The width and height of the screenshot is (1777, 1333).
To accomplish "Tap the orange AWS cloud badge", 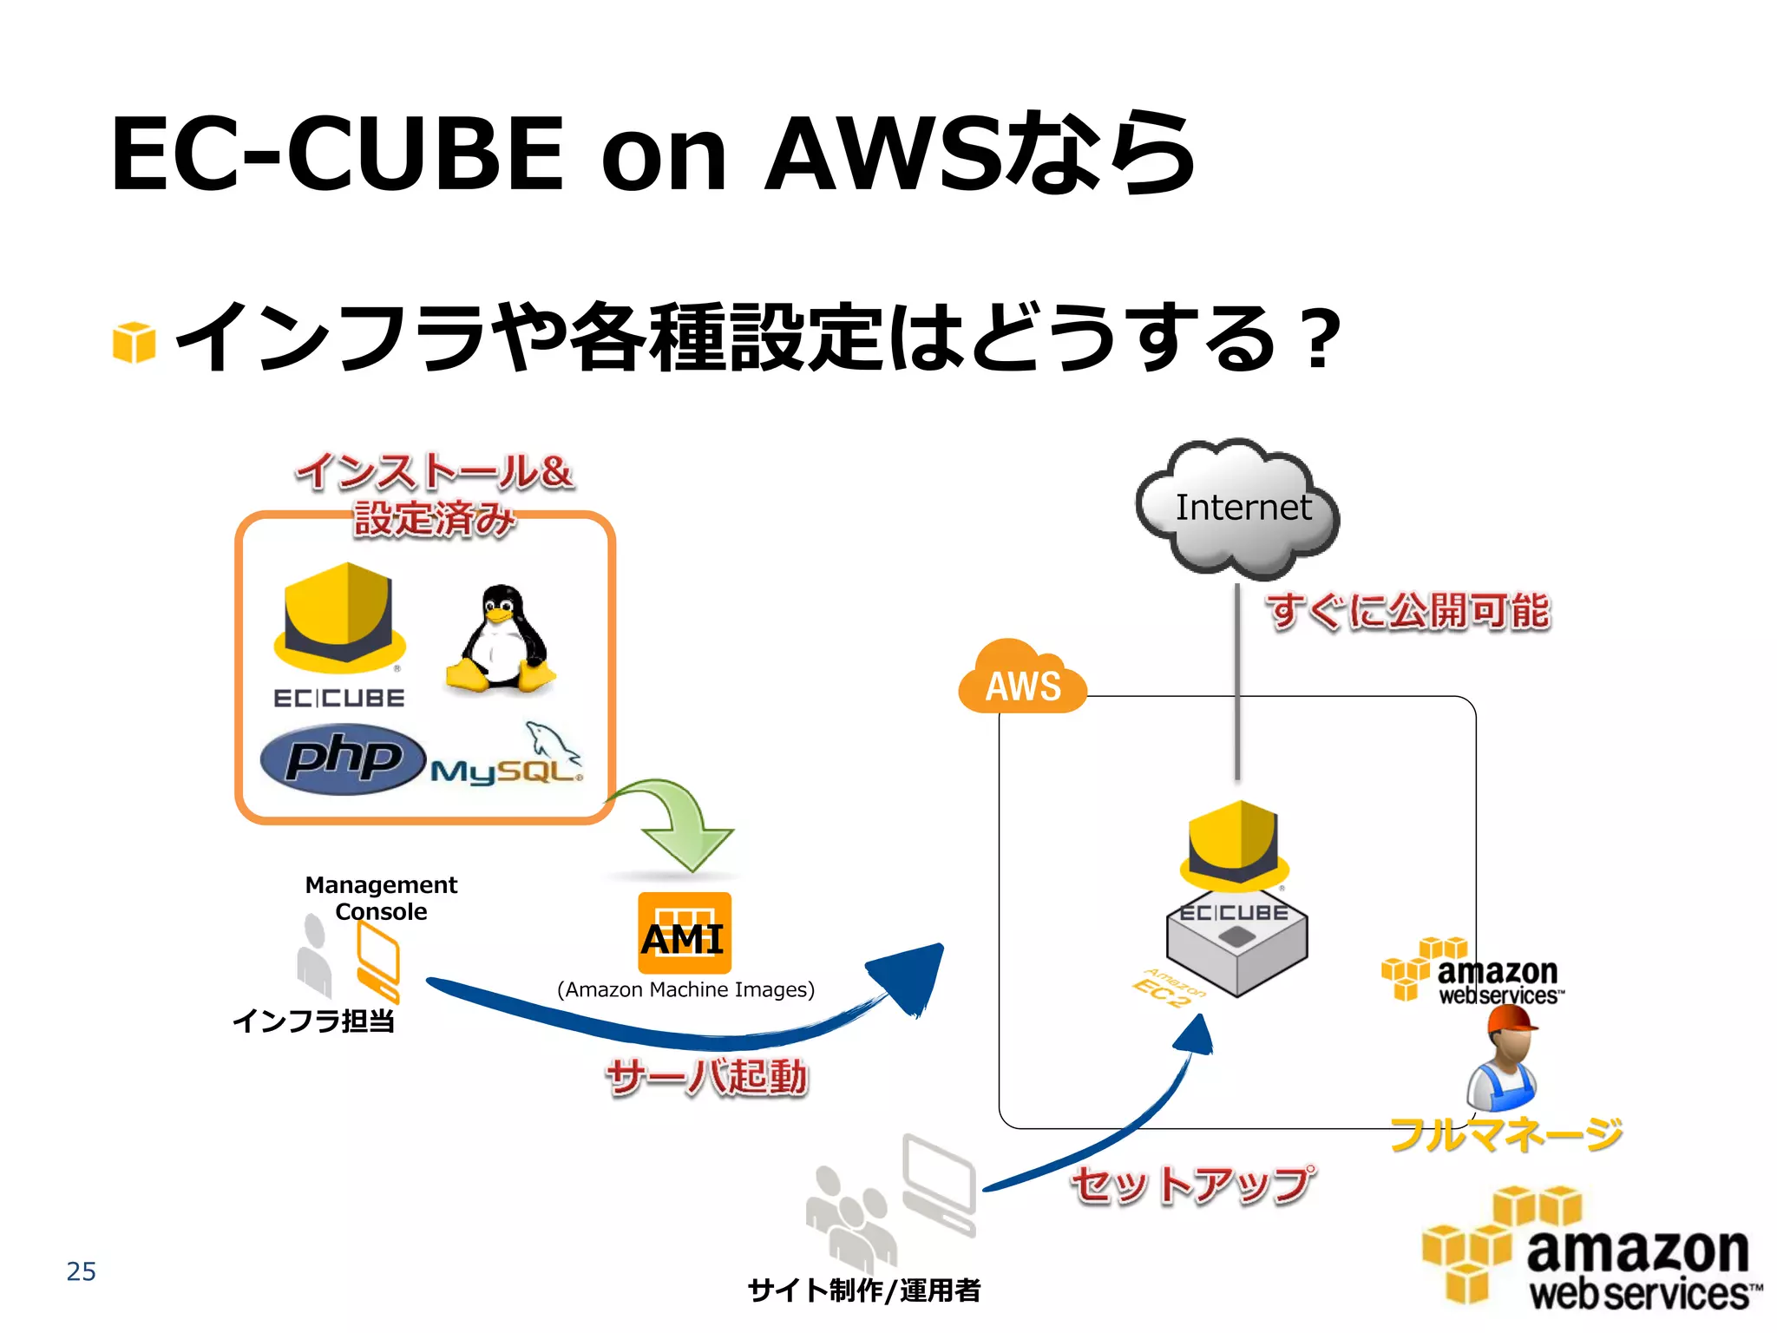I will click(1022, 681).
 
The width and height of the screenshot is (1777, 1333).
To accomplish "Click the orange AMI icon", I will click(684, 933).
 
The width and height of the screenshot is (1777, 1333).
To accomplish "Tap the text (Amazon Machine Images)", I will click(685, 989).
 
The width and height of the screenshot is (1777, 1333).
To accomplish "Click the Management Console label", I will click(381, 897).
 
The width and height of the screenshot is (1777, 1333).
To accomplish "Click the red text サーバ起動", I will click(707, 1076).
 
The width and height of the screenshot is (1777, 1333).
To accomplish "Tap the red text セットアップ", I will click(1193, 1185).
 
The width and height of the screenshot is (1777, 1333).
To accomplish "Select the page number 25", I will click(81, 1271).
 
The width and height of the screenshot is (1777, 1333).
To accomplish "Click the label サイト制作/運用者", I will click(863, 1290).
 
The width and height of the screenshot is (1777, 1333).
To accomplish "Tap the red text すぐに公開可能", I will click(1407, 610).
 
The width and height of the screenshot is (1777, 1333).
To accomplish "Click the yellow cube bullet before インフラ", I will click(134, 342).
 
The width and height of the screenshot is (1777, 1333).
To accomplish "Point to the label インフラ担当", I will click(313, 1021).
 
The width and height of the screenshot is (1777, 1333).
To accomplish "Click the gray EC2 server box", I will click(1236, 946).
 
